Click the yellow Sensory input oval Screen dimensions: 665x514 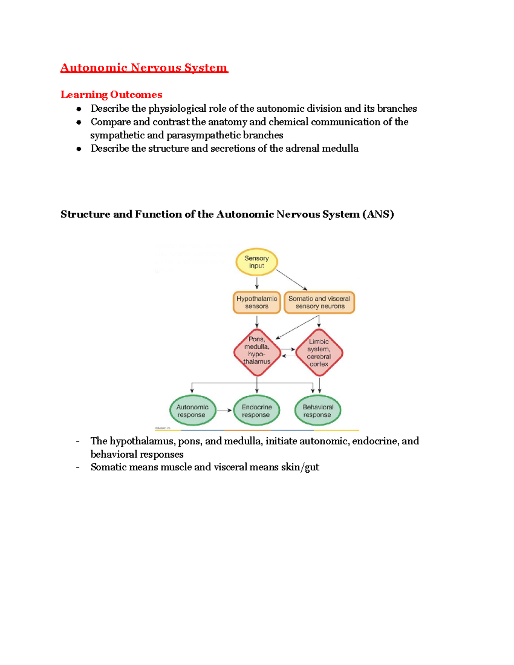coord(257,262)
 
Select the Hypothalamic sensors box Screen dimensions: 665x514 coord(257,302)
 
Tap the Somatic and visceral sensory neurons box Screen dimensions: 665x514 coord(319,302)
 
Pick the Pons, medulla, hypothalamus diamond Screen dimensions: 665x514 coord(257,352)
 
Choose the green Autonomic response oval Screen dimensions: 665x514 coord(192,411)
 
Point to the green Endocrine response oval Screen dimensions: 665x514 coord(256,411)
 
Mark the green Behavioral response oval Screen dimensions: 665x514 coord(317,411)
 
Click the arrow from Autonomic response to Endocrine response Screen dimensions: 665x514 coord(224,411)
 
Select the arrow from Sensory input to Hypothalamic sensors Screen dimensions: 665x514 coord(257,283)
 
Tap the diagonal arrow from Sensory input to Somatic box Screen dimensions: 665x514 coord(292,280)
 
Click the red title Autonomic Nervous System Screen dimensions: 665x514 coord(144,68)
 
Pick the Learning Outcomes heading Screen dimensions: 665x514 coord(111,95)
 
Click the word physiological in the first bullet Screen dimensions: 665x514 coord(177,109)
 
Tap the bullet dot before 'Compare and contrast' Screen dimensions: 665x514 coord(79,122)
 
